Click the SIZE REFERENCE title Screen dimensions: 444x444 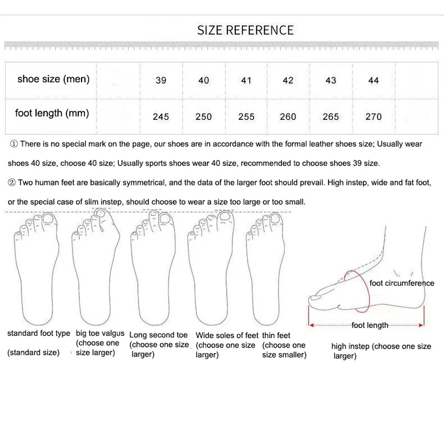point(245,31)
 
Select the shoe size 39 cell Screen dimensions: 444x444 point(161,80)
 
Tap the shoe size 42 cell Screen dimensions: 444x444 point(288,80)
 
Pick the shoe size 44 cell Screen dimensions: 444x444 point(374,80)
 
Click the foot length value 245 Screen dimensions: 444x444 point(161,117)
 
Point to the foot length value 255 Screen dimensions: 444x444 point(246,117)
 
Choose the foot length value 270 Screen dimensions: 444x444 point(374,117)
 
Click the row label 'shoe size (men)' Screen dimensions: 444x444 point(53,79)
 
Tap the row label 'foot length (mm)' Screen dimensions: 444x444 point(52,113)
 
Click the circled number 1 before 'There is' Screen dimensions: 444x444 point(14,144)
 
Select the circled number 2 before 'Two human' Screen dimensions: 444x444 point(12,183)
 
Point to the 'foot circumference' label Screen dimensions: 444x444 point(402,283)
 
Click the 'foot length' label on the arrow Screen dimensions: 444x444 point(370,325)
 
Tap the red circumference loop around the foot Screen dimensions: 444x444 point(369,292)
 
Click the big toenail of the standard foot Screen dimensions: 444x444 point(48,219)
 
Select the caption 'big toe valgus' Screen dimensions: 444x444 point(100,334)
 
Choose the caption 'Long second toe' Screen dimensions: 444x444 point(158,335)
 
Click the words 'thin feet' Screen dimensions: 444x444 point(276,336)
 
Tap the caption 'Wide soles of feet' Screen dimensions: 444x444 point(227,336)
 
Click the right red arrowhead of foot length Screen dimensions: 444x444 point(422,325)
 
